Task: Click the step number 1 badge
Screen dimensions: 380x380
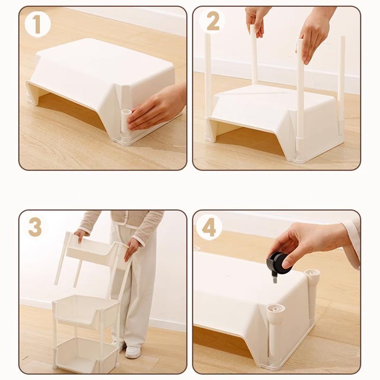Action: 38,24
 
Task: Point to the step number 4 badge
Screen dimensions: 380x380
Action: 209,228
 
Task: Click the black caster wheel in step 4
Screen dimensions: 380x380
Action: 279,263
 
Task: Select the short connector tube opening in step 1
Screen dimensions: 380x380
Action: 126,112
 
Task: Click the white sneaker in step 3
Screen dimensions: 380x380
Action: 133,352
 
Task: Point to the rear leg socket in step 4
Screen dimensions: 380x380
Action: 312,275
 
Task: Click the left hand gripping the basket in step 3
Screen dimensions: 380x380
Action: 81,235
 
